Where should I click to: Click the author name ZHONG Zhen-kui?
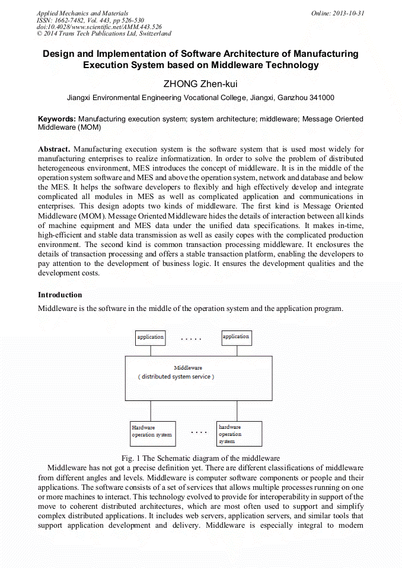[200, 84]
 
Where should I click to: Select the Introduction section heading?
[60, 295]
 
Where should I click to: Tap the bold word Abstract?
[54, 149]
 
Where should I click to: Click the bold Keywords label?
[56, 119]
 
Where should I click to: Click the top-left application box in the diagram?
[151, 338]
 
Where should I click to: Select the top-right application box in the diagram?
[236, 338]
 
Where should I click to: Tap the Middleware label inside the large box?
[188, 368]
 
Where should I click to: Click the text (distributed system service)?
[177, 377]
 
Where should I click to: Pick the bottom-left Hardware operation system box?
[152, 433]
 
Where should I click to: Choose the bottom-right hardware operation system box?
[239, 434]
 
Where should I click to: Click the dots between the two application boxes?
[191, 339]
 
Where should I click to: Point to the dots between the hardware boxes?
[199, 432]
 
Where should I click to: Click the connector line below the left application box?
[151, 351]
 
